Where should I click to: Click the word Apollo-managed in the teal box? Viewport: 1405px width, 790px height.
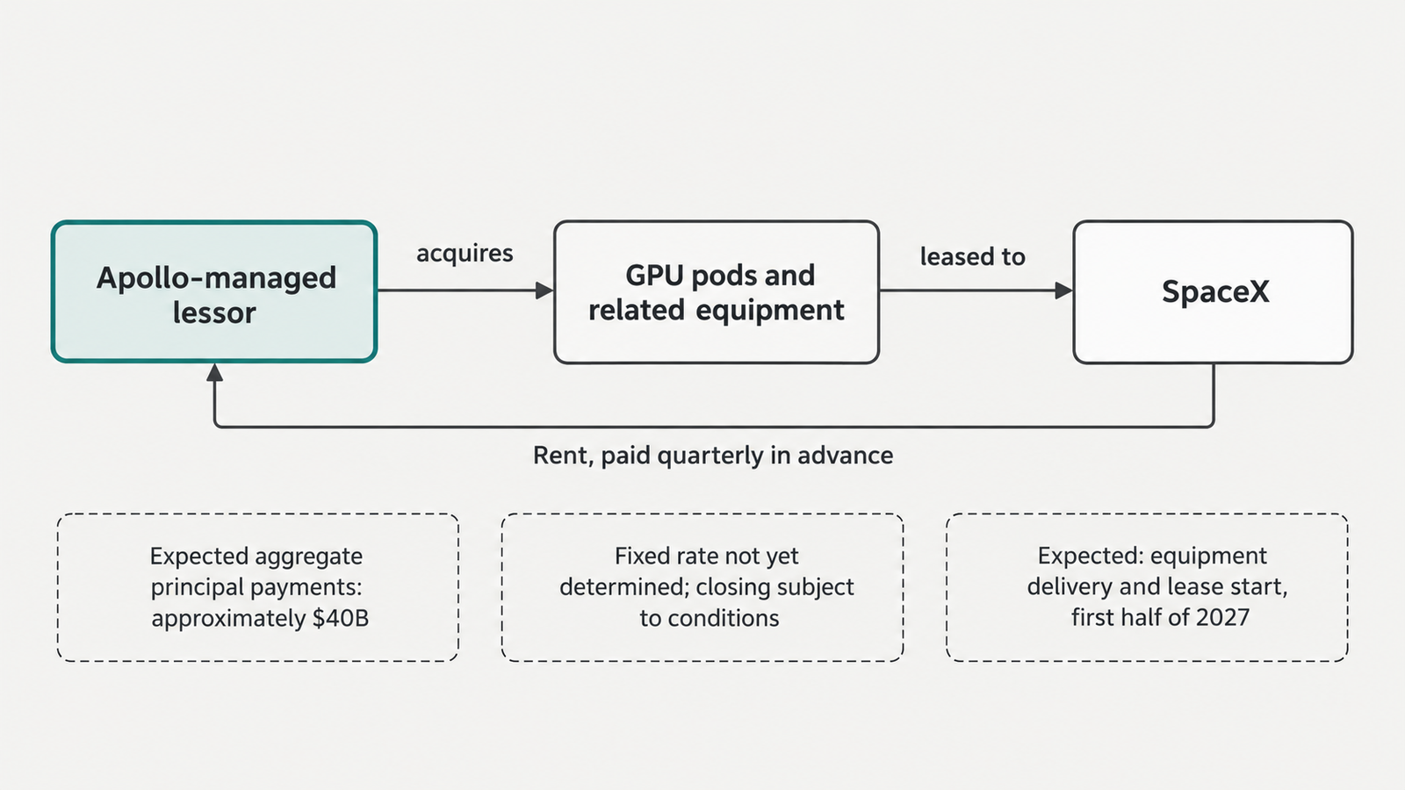216,278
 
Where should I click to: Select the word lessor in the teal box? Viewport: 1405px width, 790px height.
214,312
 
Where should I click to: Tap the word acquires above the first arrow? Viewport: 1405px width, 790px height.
465,254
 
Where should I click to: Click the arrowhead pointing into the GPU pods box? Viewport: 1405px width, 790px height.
544,291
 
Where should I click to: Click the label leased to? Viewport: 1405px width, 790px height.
973,256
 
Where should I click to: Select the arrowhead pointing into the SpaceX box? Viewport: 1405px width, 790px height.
1064,291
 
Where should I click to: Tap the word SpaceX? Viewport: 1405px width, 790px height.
1215,291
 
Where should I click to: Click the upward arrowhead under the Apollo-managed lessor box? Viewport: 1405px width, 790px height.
214,372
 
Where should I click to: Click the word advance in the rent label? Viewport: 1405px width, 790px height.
846,456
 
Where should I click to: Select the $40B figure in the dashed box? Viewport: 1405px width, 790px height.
341,618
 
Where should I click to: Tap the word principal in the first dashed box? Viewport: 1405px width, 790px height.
198,587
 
